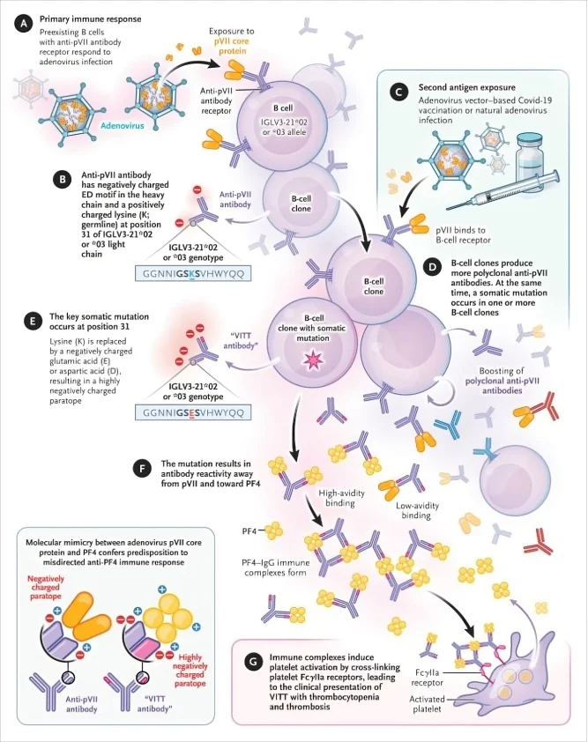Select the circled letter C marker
point(400,90)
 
